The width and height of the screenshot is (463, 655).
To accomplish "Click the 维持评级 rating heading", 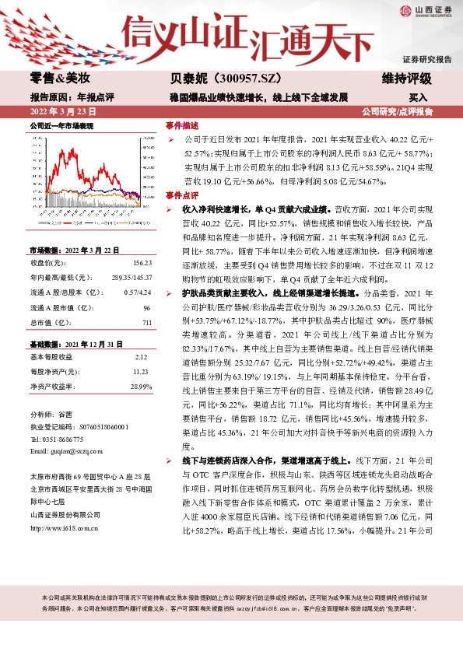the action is pyautogui.click(x=407, y=79).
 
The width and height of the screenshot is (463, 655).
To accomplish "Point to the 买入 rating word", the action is pyautogui.click(x=418, y=97).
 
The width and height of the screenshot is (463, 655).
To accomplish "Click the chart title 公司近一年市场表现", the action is pyautogui.click(x=61, y=125).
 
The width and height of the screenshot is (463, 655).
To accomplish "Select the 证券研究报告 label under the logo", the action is pyautogui.click(x=426, y=60).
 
